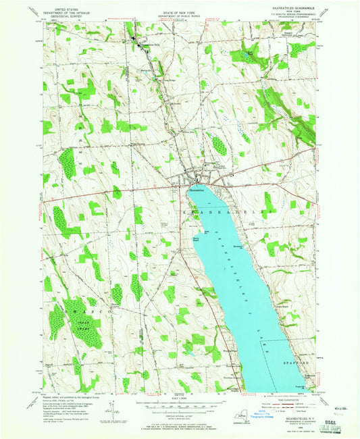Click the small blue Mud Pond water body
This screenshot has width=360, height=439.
[x=251, y=57]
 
